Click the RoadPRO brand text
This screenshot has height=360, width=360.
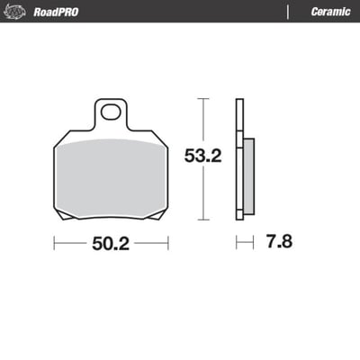click(55, 12)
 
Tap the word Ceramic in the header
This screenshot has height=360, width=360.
click(329, 12)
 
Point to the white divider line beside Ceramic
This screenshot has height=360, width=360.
click(288, 12)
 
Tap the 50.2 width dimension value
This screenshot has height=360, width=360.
click(112, 244)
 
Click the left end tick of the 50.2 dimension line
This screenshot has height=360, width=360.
click(54, 243)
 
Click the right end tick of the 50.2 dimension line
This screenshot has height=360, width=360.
click(168, 243)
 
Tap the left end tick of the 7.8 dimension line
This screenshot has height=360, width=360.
click(237, 243)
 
